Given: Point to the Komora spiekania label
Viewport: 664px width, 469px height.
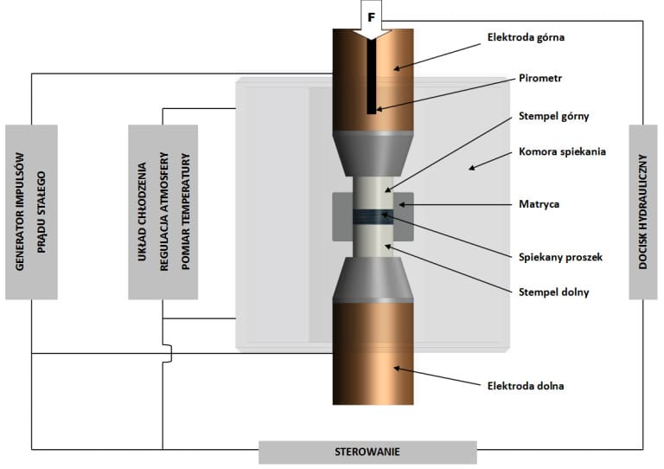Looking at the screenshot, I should (x=550, y=151).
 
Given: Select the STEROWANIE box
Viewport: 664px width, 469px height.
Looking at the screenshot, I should (x=367, y=452).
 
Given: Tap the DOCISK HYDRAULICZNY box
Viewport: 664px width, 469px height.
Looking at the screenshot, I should (x=644, y=211).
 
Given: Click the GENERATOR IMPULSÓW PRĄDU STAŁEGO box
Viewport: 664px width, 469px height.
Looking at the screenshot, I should (x=31, y=211).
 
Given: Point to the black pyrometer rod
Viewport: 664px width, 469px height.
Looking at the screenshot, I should (x=370, y=78).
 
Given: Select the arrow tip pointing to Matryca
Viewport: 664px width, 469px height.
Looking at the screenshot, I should (x=397, y=205).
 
